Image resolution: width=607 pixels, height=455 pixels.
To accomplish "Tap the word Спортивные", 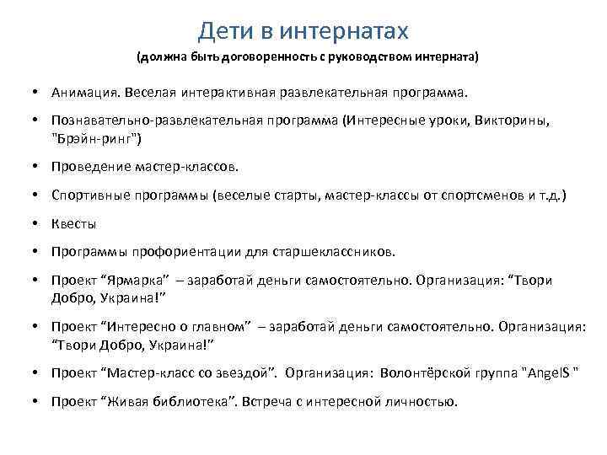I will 91,195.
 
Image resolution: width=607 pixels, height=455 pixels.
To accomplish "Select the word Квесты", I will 73,224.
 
